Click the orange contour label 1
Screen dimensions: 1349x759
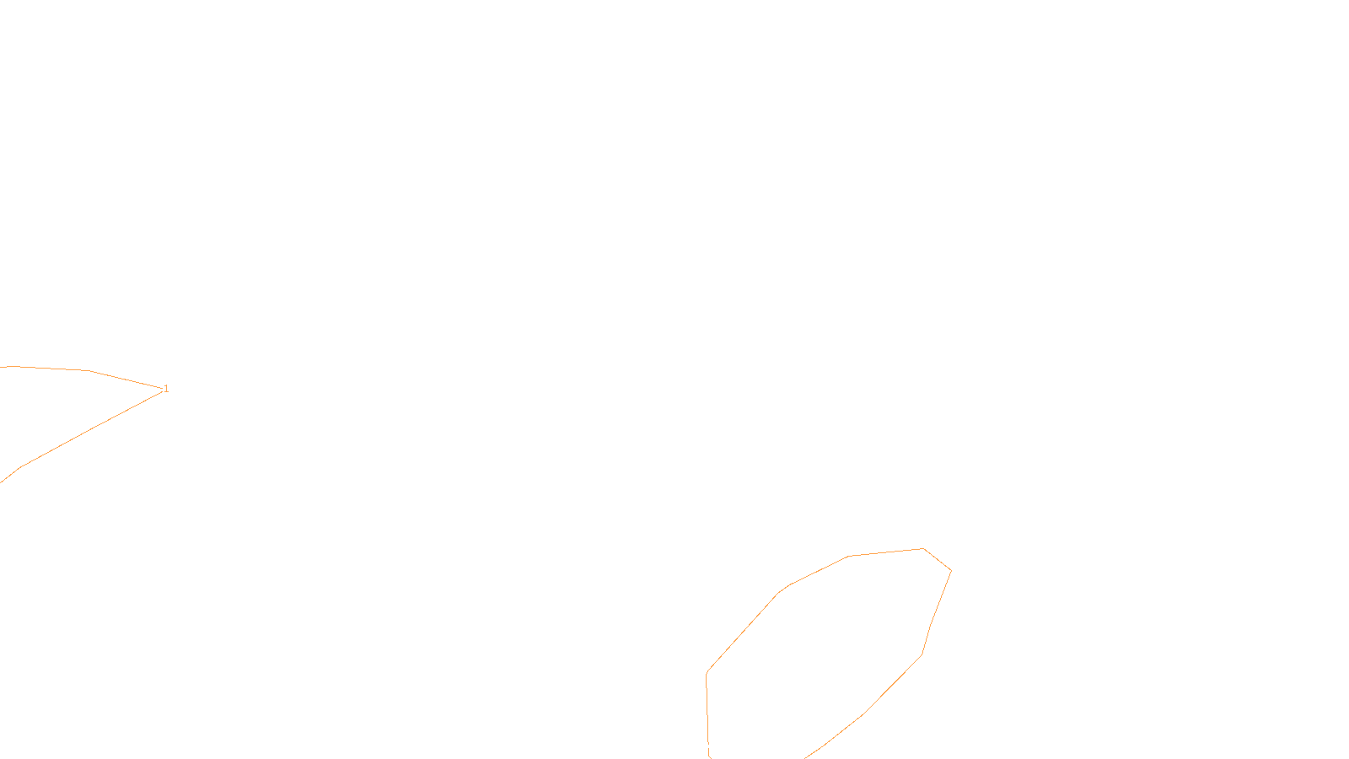166,389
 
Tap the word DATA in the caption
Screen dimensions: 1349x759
713,746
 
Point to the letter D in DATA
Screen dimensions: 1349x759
704,746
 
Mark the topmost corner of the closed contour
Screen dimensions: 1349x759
923,549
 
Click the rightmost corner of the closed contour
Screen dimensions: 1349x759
951,571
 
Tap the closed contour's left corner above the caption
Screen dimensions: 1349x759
707,673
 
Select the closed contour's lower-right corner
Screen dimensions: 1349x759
922,654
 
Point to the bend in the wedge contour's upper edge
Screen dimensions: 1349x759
89,370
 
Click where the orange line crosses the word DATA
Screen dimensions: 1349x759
708,746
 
